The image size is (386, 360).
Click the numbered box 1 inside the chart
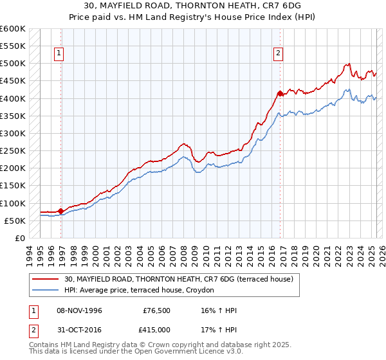pyautogui.click(x=59, y=54)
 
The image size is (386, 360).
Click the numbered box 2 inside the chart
pyautogui.click(x=278, y=54)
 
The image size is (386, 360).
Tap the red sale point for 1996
pyautogui.click(x=60, y=211)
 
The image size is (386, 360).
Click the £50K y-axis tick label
pyautogui.click(x=15, y=221)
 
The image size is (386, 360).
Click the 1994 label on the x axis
pyautogui.click(x=30, y=255)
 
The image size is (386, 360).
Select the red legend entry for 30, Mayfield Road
pyautogui.click(x=179, y=279)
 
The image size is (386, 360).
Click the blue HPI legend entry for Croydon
pyautogui.click(x=142, y=291)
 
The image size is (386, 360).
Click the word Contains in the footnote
pyautogui.click(x=46, y=346)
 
